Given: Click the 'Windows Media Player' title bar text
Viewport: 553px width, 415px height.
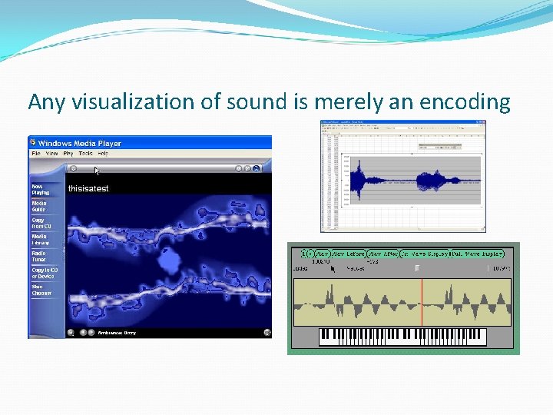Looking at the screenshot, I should coord(79,144).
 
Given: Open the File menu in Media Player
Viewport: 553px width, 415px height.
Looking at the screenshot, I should coord(35,154).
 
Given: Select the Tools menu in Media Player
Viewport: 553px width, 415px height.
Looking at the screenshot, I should coord(85,154).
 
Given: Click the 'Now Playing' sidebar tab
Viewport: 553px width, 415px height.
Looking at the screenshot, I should coord(40,189).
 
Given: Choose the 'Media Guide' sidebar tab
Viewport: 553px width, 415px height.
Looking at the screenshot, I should coord(38,206).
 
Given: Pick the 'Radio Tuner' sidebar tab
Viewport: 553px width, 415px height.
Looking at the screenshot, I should coord(38,256).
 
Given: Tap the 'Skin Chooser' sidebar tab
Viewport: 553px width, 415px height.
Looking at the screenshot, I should coord(41,290).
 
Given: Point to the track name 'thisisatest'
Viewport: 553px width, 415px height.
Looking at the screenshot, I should coord(88,188).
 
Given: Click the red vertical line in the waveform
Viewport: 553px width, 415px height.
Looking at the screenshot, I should coord(422,302).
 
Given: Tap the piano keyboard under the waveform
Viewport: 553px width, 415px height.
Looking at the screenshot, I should coord(402,337).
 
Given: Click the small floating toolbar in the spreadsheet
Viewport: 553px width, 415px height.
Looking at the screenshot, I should coord(439,145).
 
